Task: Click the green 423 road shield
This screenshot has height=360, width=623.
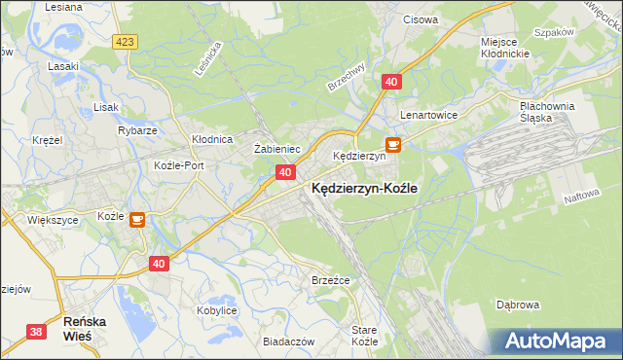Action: coord(124,42)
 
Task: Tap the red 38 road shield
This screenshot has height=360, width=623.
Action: coord(37,332)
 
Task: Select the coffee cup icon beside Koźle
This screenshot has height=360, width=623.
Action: coord(137,219)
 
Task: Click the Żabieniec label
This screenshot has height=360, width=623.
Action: coord(276,149)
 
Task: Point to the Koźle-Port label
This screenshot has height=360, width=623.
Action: coord(179,165)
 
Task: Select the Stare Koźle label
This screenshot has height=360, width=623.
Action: coord(364,336)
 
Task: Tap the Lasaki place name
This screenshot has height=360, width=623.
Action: coord(63,67)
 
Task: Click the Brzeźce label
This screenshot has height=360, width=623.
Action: coord(330,279)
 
